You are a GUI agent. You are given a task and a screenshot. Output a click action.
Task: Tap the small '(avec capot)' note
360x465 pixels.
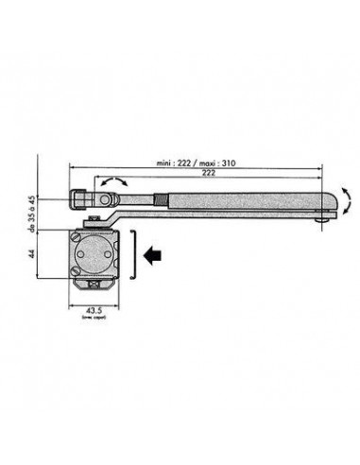pyautogui.click(x=94, y=321)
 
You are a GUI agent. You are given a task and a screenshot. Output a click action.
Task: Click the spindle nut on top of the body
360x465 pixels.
pyautogui.click(x=94, y=223)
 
